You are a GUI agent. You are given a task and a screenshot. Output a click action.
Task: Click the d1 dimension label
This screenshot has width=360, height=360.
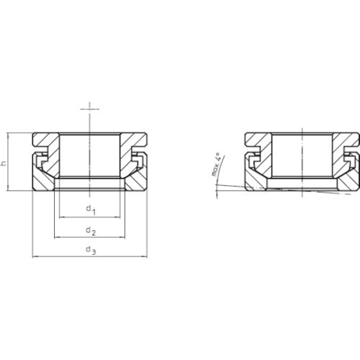point(90,210)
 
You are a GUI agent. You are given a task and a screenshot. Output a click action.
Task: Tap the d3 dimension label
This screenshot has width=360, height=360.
point(90,250)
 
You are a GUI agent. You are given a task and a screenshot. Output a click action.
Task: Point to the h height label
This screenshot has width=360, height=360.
point(4,163)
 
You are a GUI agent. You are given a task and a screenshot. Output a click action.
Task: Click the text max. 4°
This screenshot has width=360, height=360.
point(215,166)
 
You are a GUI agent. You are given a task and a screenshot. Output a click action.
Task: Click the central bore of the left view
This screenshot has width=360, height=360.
point(90,155)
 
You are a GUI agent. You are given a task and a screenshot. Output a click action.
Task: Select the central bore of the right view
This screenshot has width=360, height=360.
point(300,155)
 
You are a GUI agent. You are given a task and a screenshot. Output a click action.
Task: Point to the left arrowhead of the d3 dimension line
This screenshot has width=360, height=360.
point(35,256)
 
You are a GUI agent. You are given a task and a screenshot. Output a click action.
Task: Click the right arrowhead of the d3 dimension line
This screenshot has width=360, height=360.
point(145,256)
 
